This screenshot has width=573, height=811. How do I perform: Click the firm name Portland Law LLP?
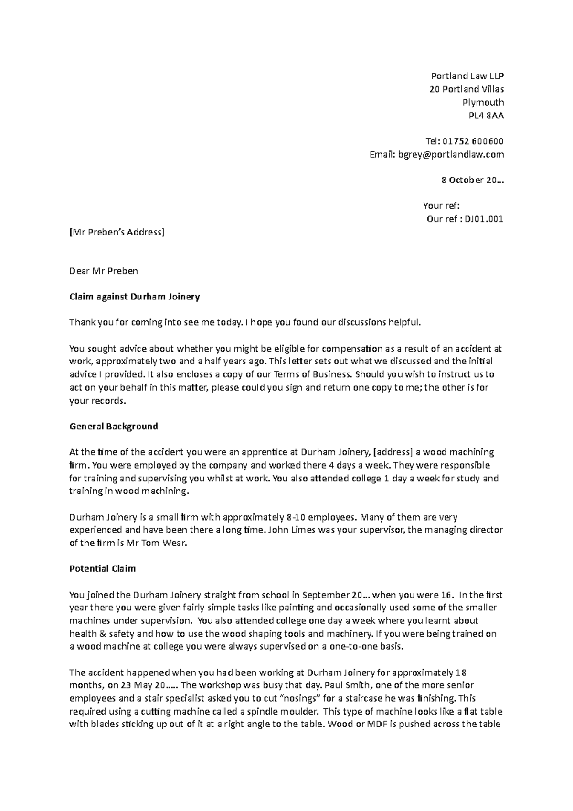pyautogui.click(x=467, y=76)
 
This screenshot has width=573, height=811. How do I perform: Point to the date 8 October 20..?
pyautogui.click(x=471, y=181)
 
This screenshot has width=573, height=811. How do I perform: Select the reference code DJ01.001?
pyautogui.click(x=484, y=219)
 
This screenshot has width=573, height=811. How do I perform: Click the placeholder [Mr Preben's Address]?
pyautogui.click(x=117, y=233)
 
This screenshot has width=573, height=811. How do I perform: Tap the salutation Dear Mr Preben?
pyautogui.click(x=104, y=271)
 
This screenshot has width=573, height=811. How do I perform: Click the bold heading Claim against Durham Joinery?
pyautogui.click(x=135, y=297)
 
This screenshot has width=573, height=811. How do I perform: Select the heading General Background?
pyautogui.click(x=114, y=426)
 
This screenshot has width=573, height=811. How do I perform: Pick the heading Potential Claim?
pyautogui.click(x=103, y=568)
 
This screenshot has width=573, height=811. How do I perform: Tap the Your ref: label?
pyautogui.click(x=441, y=206)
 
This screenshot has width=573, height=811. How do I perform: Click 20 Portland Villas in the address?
pyautogui.click(x=466, y=89)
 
